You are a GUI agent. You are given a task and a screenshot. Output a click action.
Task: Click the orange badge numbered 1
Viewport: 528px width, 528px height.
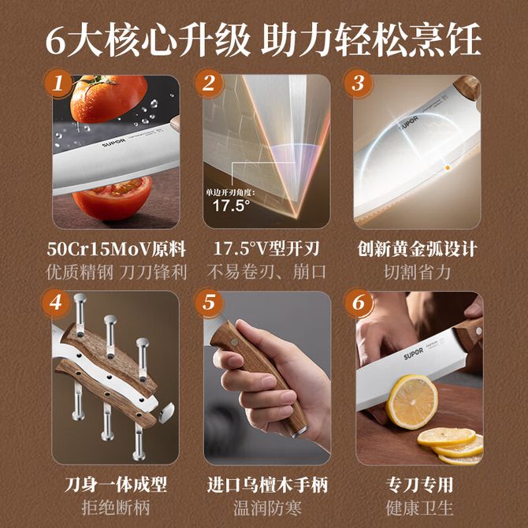(58, 84)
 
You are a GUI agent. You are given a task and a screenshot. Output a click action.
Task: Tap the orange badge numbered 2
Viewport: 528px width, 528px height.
(209, 84)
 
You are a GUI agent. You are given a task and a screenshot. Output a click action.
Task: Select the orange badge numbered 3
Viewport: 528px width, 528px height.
(358, 84)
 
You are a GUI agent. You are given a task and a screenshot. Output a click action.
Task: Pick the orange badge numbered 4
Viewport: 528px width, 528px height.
(56, 303)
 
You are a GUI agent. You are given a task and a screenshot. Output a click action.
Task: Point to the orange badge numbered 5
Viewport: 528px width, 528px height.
(209, 303)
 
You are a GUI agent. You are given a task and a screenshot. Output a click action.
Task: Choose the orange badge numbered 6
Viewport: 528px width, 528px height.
(359, 303)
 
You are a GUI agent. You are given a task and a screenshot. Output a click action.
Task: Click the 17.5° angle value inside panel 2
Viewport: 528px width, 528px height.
(232, 205)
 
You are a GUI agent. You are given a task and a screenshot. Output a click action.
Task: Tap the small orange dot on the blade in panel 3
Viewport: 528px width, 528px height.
(448, 167)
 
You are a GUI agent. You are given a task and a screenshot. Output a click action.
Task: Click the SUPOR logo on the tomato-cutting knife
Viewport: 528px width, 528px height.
(113, 143)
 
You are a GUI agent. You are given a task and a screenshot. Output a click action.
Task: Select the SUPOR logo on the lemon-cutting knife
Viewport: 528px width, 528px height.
(414, 354)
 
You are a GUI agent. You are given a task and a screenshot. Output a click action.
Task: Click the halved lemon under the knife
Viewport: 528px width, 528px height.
(411, 402)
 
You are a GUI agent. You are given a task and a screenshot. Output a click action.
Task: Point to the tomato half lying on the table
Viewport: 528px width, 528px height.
(112, 198)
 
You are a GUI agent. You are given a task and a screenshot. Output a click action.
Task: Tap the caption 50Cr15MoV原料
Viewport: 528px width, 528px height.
(116, 249)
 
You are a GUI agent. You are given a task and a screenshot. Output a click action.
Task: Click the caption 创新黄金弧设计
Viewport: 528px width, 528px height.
(417, 249)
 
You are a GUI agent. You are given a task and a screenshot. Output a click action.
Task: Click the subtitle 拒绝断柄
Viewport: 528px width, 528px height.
(116, 508)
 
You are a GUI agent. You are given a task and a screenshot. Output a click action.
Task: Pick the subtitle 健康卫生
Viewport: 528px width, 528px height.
(419, 508)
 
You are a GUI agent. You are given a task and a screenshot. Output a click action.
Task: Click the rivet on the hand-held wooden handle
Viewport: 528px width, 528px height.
(234, 343)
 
